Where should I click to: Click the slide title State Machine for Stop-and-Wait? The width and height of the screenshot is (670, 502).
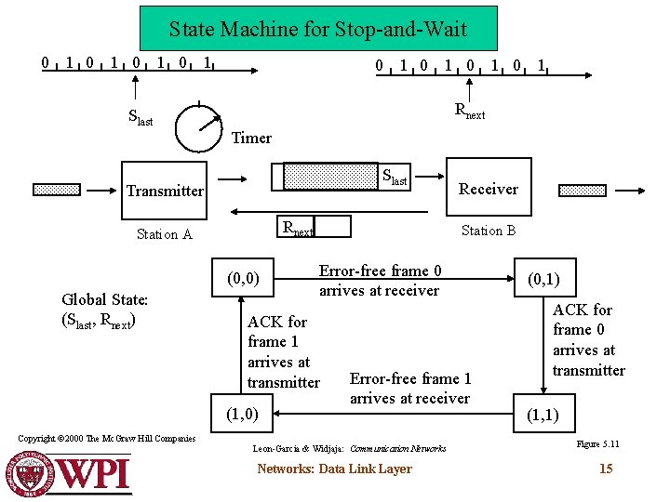pyautogui.click(x=318, y=29)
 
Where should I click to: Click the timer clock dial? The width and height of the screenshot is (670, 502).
pyautogui.click(x=200, y=127)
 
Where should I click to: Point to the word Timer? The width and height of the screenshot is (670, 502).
pyautogui.click(x=251, y=138)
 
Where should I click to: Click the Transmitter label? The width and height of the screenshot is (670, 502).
pyautogui.click(x=165, y=191)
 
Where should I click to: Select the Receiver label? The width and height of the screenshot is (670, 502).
pyautogui.click(x=489, y=189)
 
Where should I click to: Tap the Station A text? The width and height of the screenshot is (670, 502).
pyautogui.click(x=164, y=233)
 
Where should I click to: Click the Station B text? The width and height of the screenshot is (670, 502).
pyautogui.click(x=489, y=231)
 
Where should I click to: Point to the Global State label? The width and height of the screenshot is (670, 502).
pyautogui.click(x=104, y=310)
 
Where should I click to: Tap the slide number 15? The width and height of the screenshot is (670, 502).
pyautogui.click(x=606, y=469)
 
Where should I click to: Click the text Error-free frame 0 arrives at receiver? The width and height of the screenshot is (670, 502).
pyautogui.click(x=379, y=280)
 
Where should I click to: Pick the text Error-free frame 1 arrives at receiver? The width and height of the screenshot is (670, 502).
pyautogui.click(x=409, y=388)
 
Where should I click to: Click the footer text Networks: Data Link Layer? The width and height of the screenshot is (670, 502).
pyautogui.click(x=334, y=469)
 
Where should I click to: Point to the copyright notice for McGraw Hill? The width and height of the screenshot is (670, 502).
pyautogui.click(x=107, y=438)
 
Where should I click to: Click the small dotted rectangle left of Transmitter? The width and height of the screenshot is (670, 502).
pyautogui.click(x=57, y=190)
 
